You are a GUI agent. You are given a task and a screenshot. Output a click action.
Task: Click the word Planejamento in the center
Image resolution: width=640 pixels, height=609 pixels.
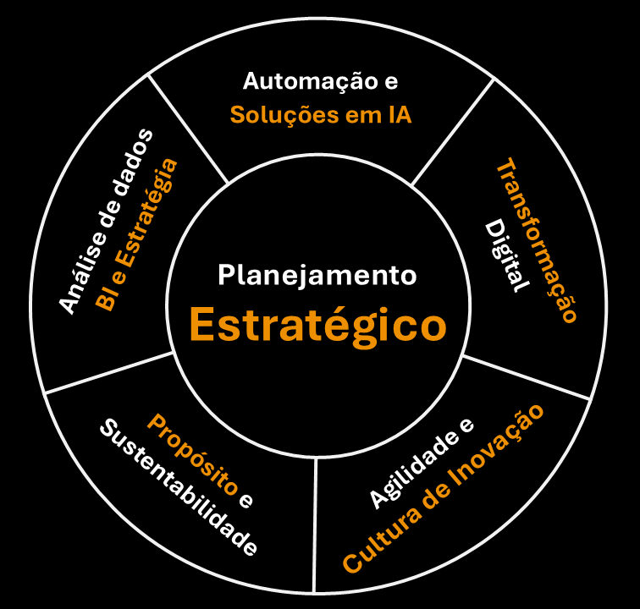pyautogui.click(x=317, y=275)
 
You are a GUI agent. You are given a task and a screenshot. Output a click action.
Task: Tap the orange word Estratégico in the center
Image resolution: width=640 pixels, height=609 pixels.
pyautogui.click(x=317, y=325)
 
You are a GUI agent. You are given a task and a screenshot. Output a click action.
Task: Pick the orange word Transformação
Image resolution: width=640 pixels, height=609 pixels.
pyautogui.click(x=537, y=240)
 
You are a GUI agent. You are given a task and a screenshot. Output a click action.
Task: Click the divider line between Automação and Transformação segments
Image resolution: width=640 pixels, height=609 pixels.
pyautogui.click(x=452, y=131)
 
